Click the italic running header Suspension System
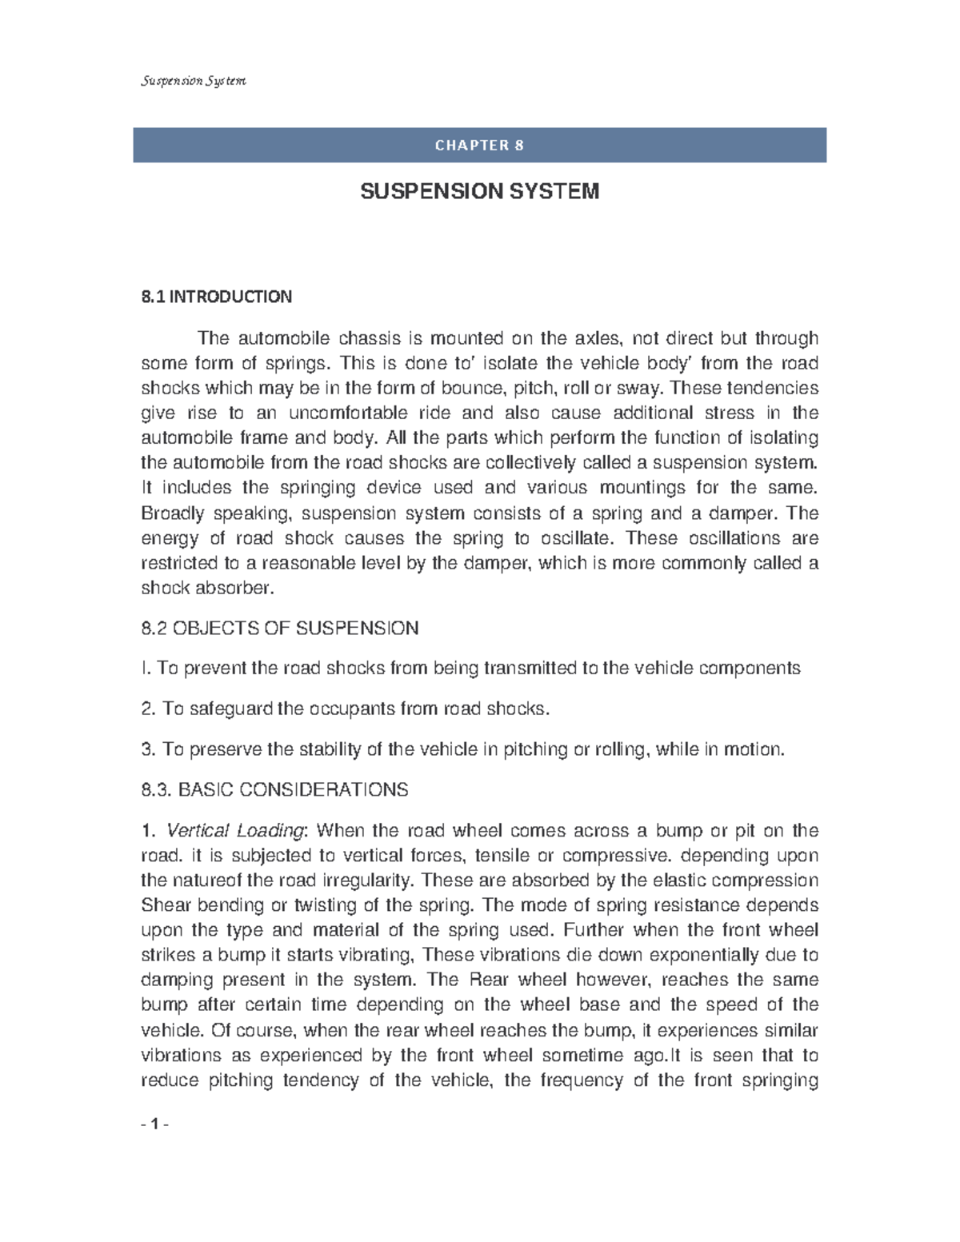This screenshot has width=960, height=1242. click(194, 81)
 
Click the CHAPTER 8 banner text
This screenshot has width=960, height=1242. click(479, 146)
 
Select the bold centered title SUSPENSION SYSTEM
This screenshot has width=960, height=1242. click(479, 192)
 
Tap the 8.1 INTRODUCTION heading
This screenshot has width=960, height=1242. click(216, 298)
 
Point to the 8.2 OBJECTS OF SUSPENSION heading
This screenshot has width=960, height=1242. click(279, 629)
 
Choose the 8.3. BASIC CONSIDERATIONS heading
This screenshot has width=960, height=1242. click(274, 790)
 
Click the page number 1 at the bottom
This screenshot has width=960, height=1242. click(154, 1124)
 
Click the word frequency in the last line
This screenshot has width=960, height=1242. click(581, 1080)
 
